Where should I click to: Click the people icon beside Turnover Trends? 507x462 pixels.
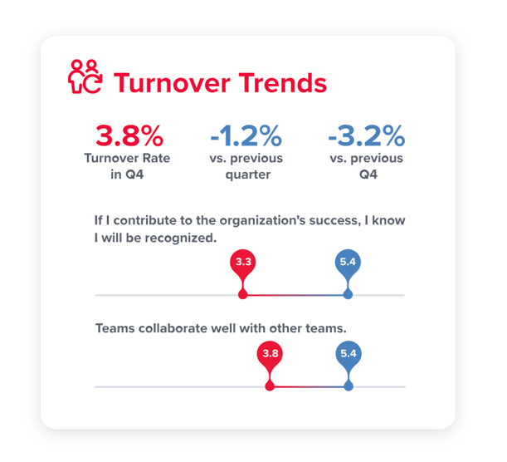[85, 76]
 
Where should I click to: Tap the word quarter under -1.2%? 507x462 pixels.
[246, 174]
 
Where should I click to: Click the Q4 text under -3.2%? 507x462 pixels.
[365, 174]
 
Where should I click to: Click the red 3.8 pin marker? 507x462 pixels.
[270, 354]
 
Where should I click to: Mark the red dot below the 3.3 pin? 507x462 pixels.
[243, 295]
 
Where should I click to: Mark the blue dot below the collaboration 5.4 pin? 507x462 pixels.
[349, 386]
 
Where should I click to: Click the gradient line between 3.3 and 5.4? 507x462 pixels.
[295, 295]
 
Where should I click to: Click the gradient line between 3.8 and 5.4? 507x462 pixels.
[309, 386]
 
